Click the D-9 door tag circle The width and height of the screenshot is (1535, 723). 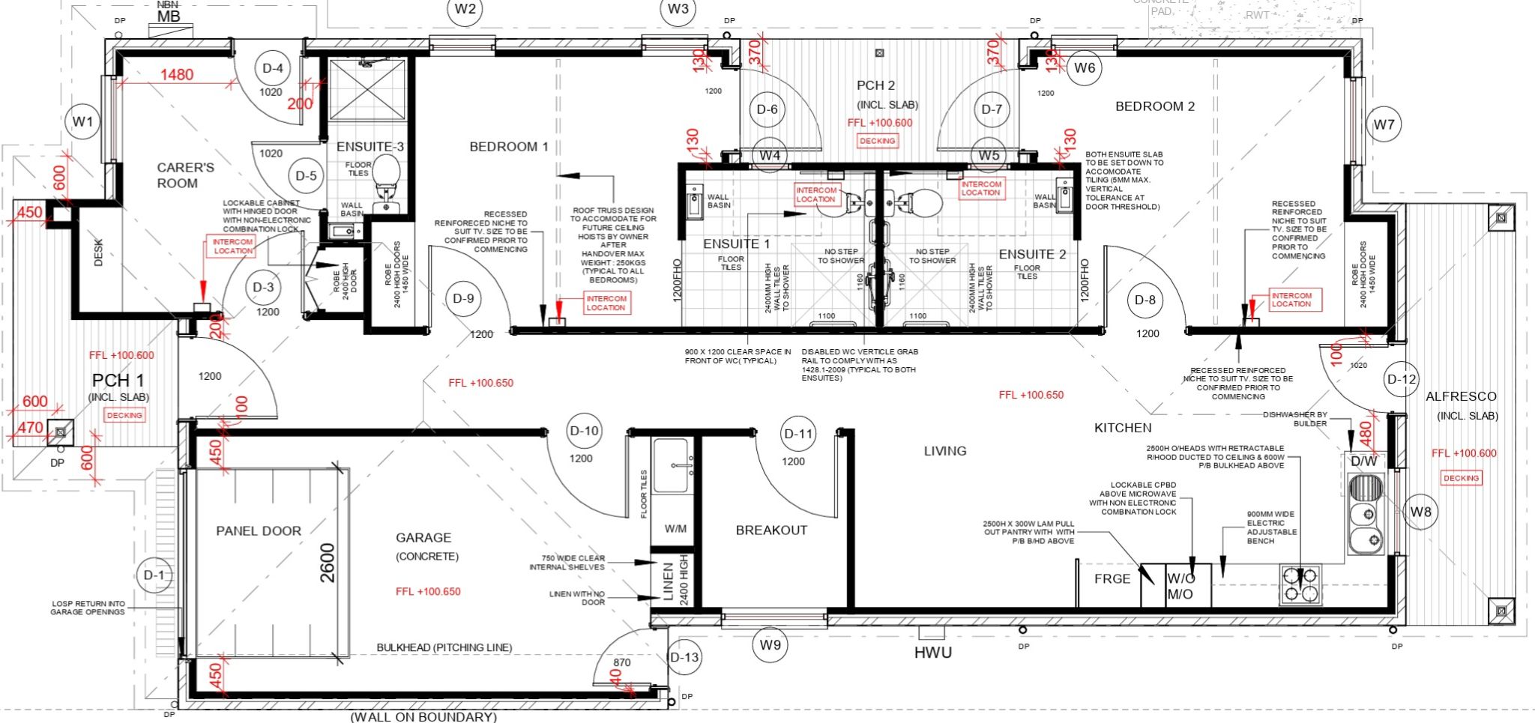[x=463, y=298]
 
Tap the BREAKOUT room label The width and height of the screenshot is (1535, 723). [x=771, y=530]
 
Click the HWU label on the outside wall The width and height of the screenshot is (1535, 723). [x=932, y=653]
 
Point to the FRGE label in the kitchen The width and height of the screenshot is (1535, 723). [x=1112, y=578]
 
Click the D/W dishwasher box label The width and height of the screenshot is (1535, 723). [x=1364, y=462]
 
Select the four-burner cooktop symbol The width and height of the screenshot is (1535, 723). [x=1300, y=585]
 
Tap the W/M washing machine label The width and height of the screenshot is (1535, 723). [x=675, y=529]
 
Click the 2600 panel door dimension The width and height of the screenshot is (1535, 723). [x=328, y=563]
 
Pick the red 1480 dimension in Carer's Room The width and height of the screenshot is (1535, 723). [x=177, y=74]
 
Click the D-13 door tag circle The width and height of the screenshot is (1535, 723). [x=684, y=658]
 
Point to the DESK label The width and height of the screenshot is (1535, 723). [x=98, y=252]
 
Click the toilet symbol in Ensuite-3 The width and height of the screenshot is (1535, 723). [x=386, y=177]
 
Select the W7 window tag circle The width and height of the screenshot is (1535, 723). [x=1384, y=124]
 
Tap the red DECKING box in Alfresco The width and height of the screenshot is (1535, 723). [x=1461, y=478]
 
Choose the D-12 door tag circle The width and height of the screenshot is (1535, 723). [x=1401, y=379]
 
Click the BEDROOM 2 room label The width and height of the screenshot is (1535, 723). [x=1154, y=106]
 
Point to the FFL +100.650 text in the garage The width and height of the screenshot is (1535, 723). [x=428, y=591]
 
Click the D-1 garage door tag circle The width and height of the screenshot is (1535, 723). [x=154, y=575]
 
